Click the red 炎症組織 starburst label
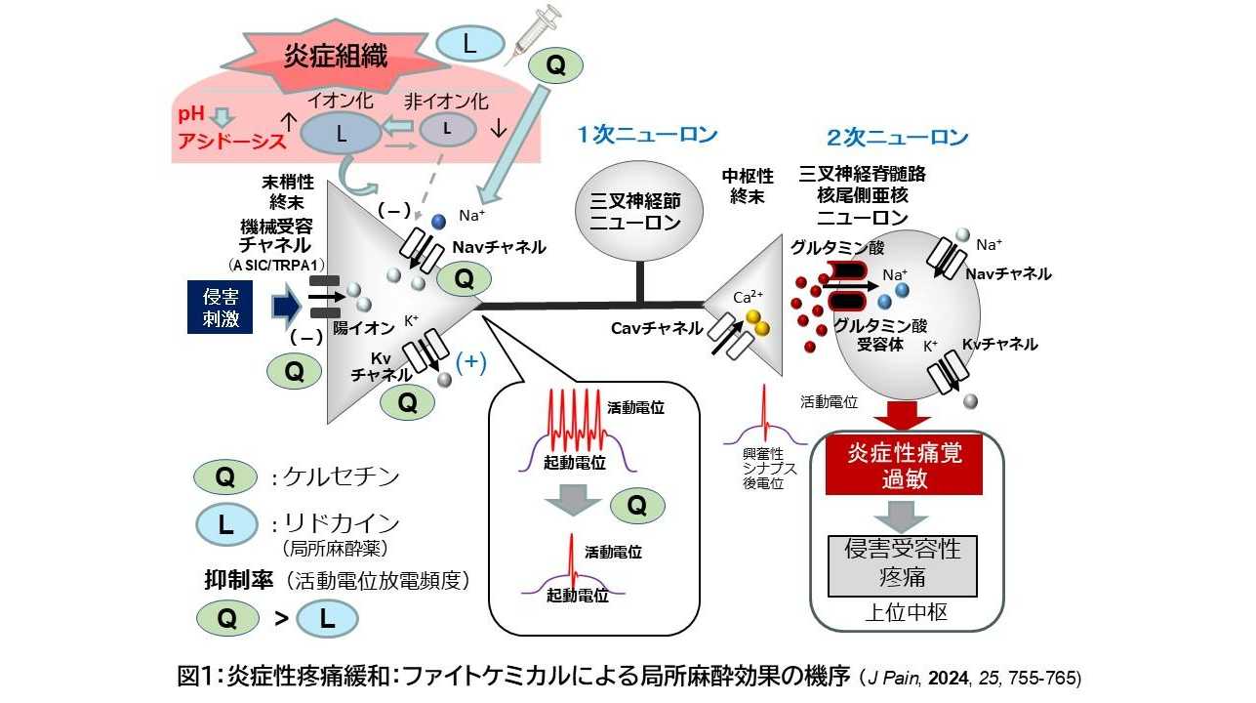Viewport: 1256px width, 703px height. tap(322, 56)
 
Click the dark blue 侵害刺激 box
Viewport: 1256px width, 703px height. tap(221, 307)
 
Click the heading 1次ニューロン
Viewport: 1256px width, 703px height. tap(647, 136)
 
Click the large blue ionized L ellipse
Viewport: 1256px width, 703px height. tap(341, 135)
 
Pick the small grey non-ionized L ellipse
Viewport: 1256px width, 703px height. tap(448, 129)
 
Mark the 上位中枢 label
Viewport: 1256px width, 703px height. tap(906, 613)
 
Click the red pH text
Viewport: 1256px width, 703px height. tap(192, 114)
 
